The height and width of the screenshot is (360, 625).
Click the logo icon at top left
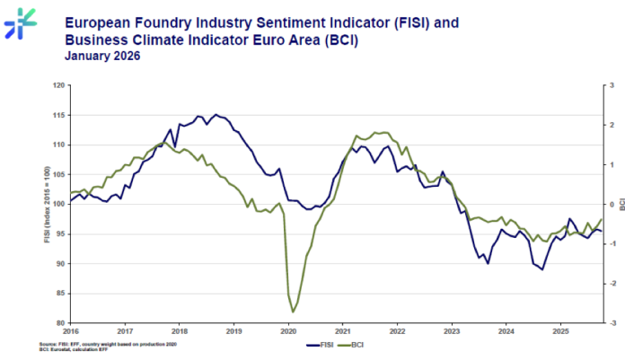[x=20, y=22]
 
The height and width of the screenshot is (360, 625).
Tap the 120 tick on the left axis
[x=60, y=85]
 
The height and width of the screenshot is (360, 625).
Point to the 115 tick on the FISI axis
[x=60, y=115]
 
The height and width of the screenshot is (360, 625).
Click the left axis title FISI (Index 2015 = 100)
[x=47, y=204]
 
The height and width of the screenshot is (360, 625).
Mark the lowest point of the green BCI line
[x=293, y=312]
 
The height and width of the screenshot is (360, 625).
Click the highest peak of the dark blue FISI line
[x=216, y=115]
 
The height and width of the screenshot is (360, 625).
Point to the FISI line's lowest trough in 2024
[x=541, y=269]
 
